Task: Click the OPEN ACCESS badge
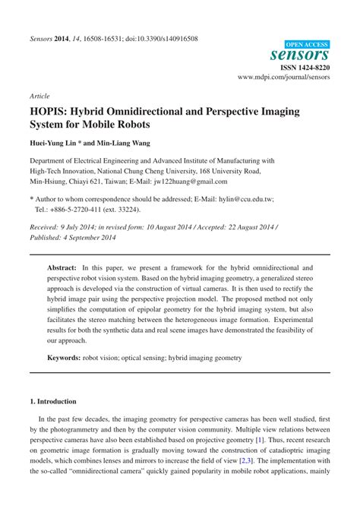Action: [x=308, y=45]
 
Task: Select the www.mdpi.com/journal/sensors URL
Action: [x=284, y=77]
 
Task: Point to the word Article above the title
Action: [x=39, y=97]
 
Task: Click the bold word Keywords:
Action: [x=69, y=357]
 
